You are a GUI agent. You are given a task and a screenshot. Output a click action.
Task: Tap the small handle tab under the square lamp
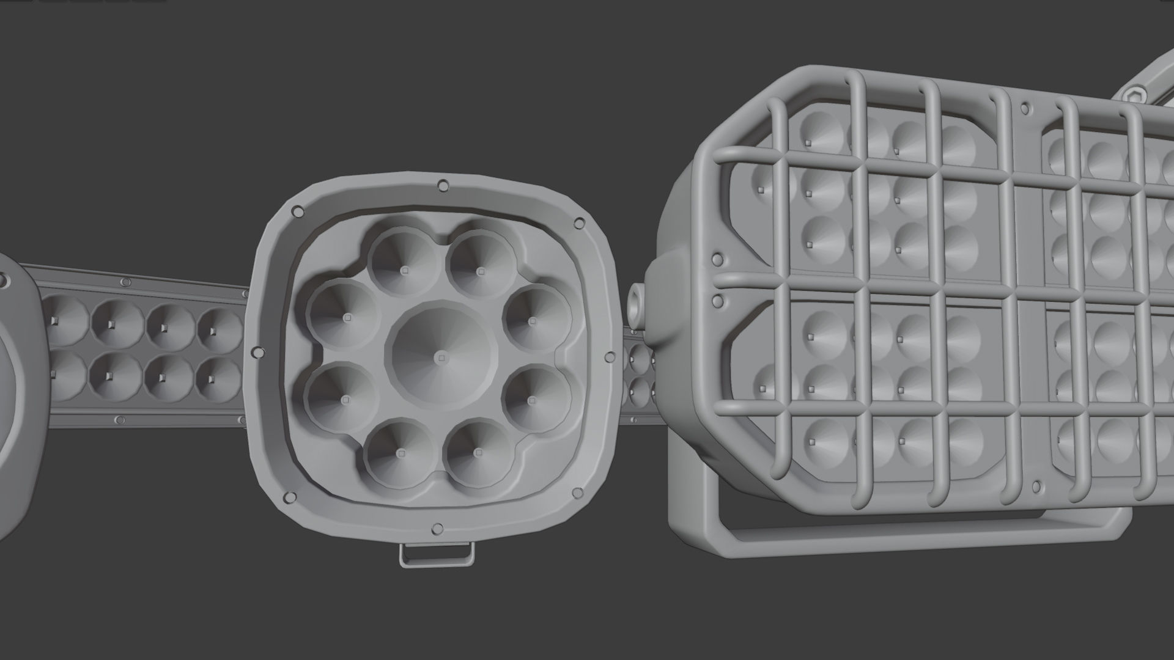point(437,554)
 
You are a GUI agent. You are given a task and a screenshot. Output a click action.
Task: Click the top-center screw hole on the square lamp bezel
point(443,185)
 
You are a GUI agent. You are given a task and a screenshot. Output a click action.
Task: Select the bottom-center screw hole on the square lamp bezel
point(437,528)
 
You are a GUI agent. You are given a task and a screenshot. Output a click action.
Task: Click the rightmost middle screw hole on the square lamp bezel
point(610,357)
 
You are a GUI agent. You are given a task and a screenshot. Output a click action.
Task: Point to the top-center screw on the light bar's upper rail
point(126,282)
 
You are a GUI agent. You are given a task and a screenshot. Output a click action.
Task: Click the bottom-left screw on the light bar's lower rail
point(120,420)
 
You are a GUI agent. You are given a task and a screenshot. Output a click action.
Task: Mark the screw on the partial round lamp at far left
point(4,282)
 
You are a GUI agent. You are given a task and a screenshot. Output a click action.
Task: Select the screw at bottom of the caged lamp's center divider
point(1036,487)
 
